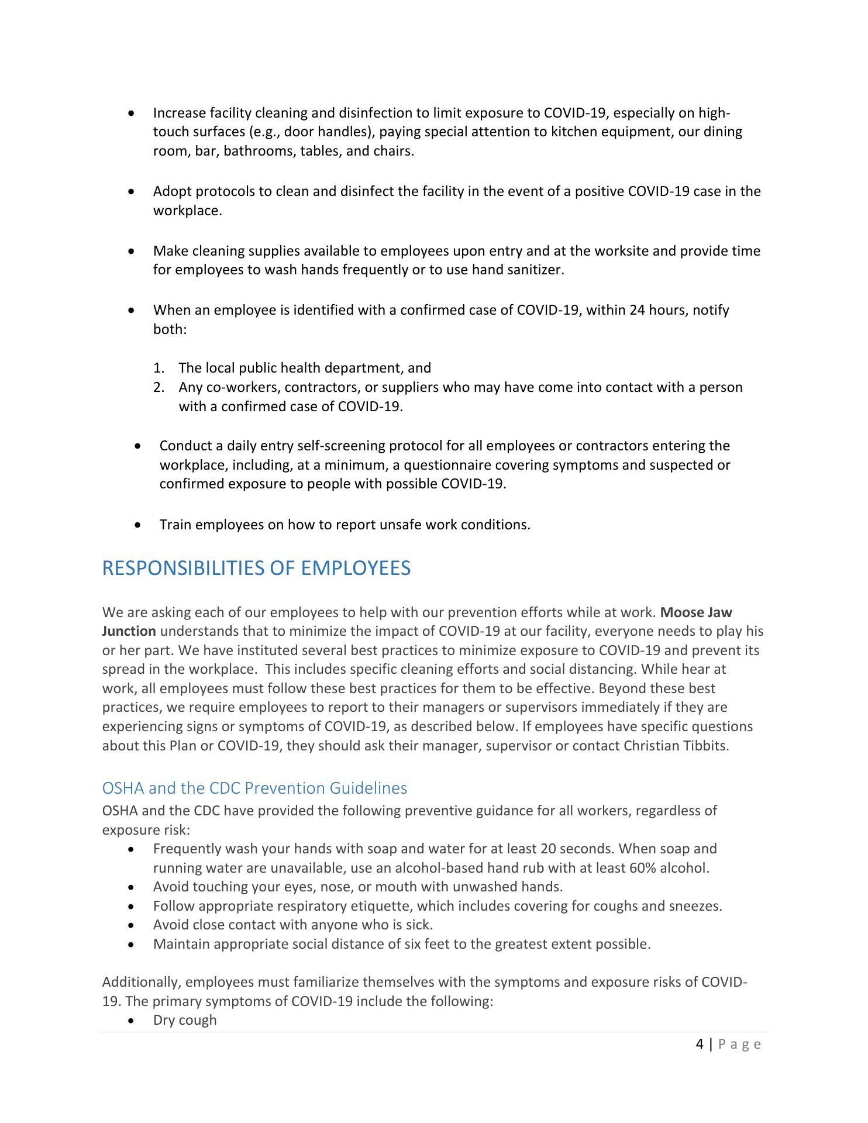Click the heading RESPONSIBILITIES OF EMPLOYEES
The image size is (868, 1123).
(x=256, y=569)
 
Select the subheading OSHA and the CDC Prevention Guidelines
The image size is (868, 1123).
(x=254, y=788)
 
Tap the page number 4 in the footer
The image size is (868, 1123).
(x=700, y=1044)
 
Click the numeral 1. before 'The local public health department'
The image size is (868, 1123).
(x=159, y=368)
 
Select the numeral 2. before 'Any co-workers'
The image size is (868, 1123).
(x=159, y=387)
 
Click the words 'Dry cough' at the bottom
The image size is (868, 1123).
(x=185, y=1020)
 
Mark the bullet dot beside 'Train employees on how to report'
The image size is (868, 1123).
(x=137, y=525)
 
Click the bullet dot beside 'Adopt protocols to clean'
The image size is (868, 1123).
(x=133, y=192)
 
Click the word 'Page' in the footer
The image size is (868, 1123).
(x=739, y=1045)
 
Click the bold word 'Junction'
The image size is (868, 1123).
(x=129, y=632)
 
